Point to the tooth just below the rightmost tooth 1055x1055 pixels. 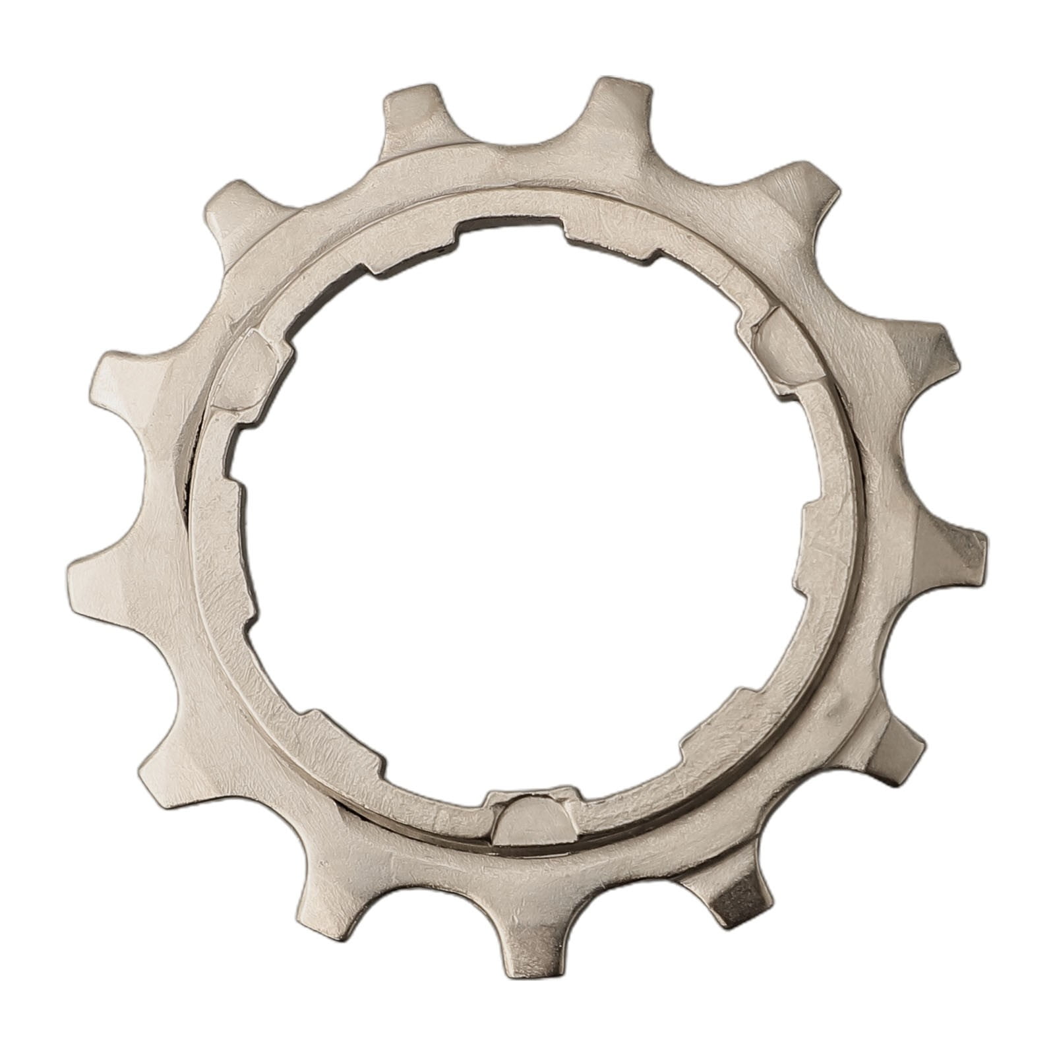(897, 752)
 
